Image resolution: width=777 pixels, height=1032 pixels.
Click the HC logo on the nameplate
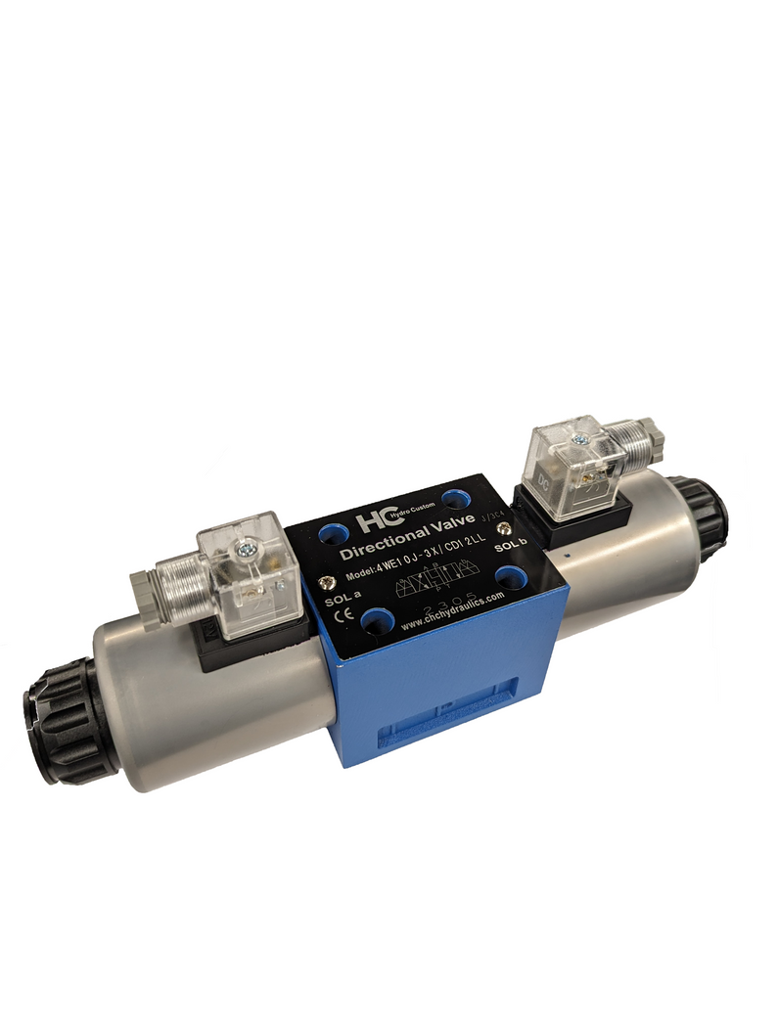point(372,522)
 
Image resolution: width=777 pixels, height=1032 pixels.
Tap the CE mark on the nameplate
point(344,616)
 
